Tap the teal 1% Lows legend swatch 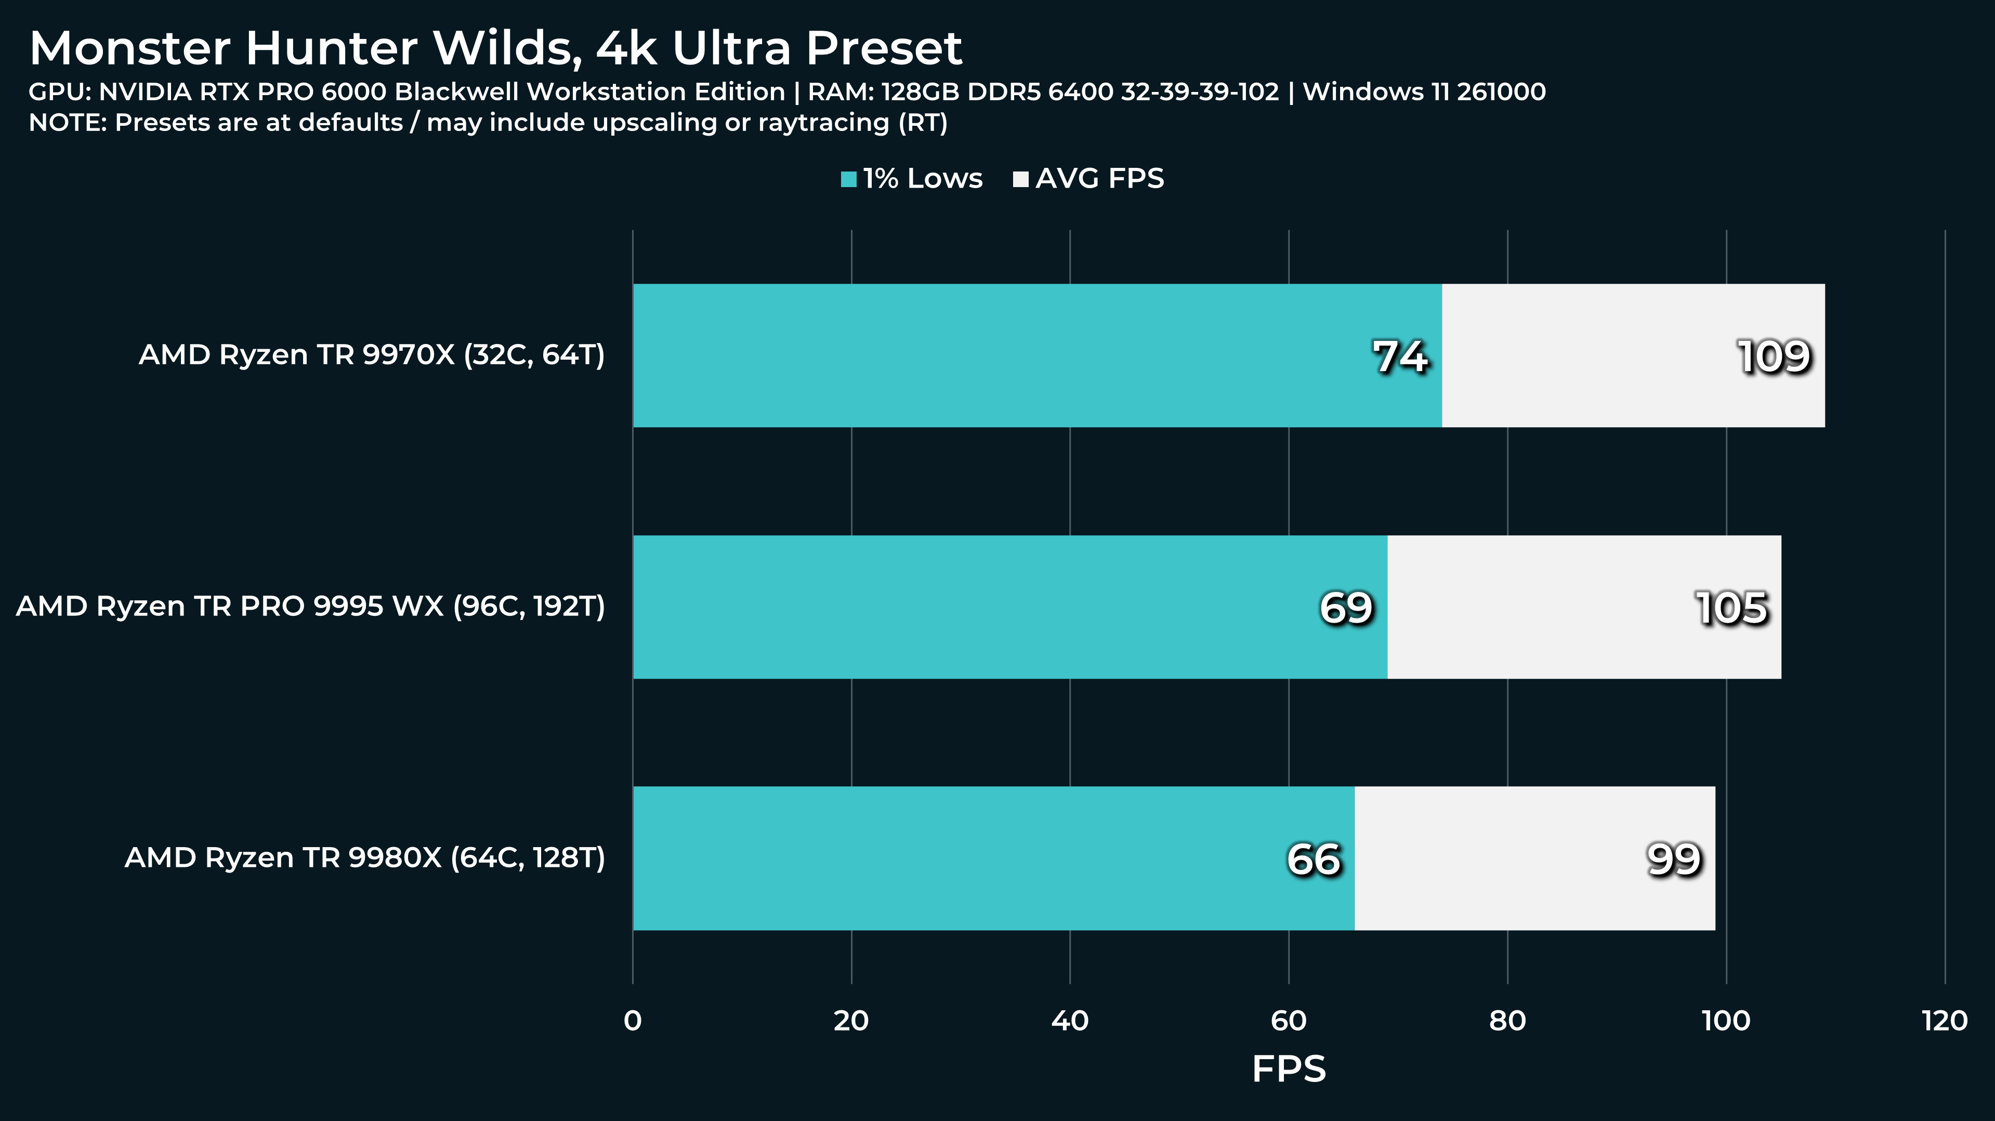click(x=849, y=180)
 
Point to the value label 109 click(x=1774, y=357)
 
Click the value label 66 click(x=1314, y=860)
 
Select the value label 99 click(x=1674, y=860)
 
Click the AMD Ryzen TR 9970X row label click(x=372, y=354)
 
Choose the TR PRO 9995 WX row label click(x=310, y=606)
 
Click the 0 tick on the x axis click(x=633, y=1021)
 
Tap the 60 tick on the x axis click(x=1289, y=1021)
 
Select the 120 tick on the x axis click(x=1945, y=1021)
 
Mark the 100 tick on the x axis click(x=1726, y=1021)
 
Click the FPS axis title click(x=1289, y=1069)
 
